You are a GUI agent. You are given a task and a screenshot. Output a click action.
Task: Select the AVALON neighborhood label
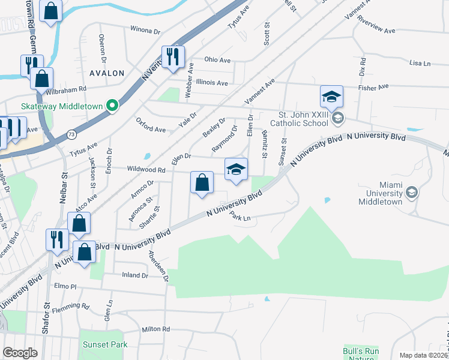pos(107,73)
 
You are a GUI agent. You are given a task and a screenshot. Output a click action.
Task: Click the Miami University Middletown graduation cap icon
pos(412,192)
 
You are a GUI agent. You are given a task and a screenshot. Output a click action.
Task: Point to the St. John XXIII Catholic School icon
pos(338,118)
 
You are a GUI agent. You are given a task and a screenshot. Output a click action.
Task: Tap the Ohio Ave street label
pos(217,60)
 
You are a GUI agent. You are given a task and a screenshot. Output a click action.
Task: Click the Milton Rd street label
pos(156,329)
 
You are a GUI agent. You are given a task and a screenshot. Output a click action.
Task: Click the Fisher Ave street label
pos(375,88)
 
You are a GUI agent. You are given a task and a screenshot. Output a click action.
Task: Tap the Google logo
pos(20,353)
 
